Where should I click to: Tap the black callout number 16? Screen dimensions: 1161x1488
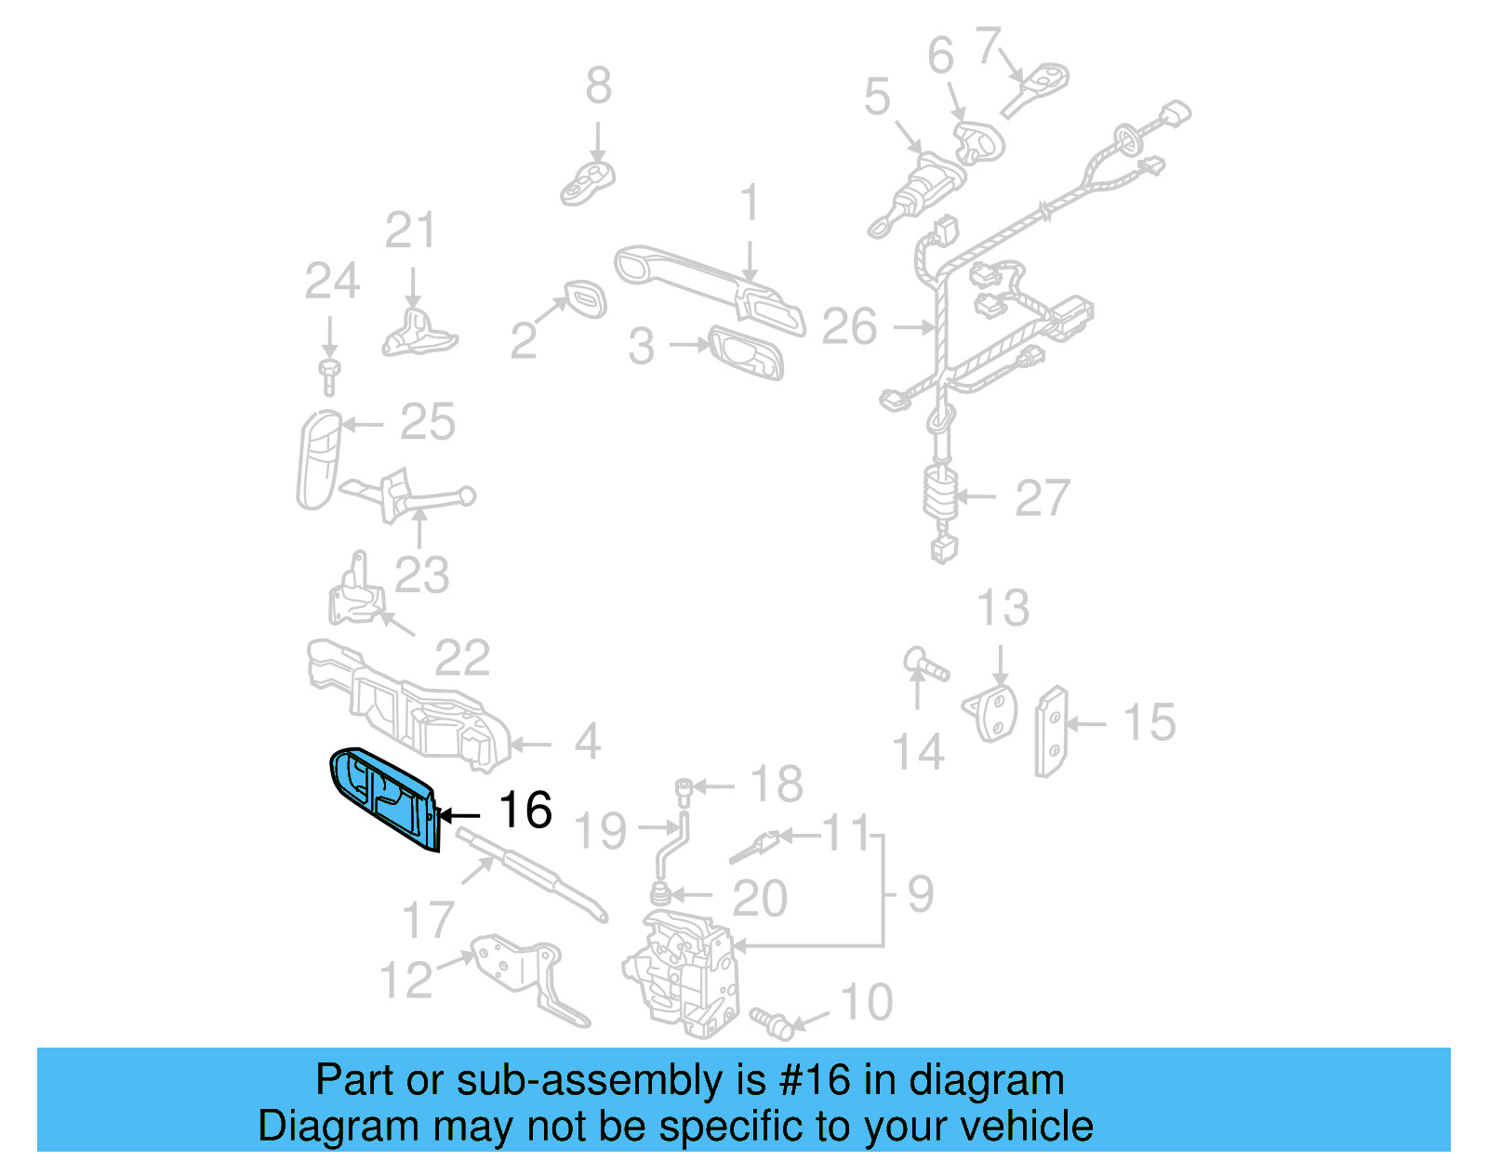525,810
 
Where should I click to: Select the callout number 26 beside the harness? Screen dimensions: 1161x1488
849,326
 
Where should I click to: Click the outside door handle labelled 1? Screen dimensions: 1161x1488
707,284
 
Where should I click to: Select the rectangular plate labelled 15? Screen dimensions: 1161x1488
1052,732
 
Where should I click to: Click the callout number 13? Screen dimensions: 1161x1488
1003,608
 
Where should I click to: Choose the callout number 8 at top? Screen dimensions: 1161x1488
598,86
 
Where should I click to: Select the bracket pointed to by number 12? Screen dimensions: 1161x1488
525,976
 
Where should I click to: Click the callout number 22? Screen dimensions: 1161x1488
462,658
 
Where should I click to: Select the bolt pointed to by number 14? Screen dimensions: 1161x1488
925,665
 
